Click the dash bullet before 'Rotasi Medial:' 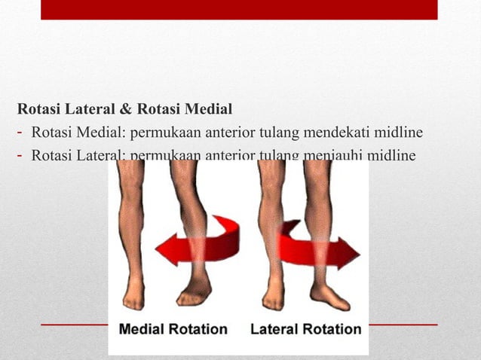coord(22,133)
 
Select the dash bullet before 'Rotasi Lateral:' coord(22,156)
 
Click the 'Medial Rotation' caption coord(173,329)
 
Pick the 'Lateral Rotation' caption coord(305,329)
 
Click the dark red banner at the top coord(238,9)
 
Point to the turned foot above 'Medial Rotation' coord(195,290)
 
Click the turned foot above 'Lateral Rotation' coord(329,295)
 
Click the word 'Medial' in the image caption coord(144,329)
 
